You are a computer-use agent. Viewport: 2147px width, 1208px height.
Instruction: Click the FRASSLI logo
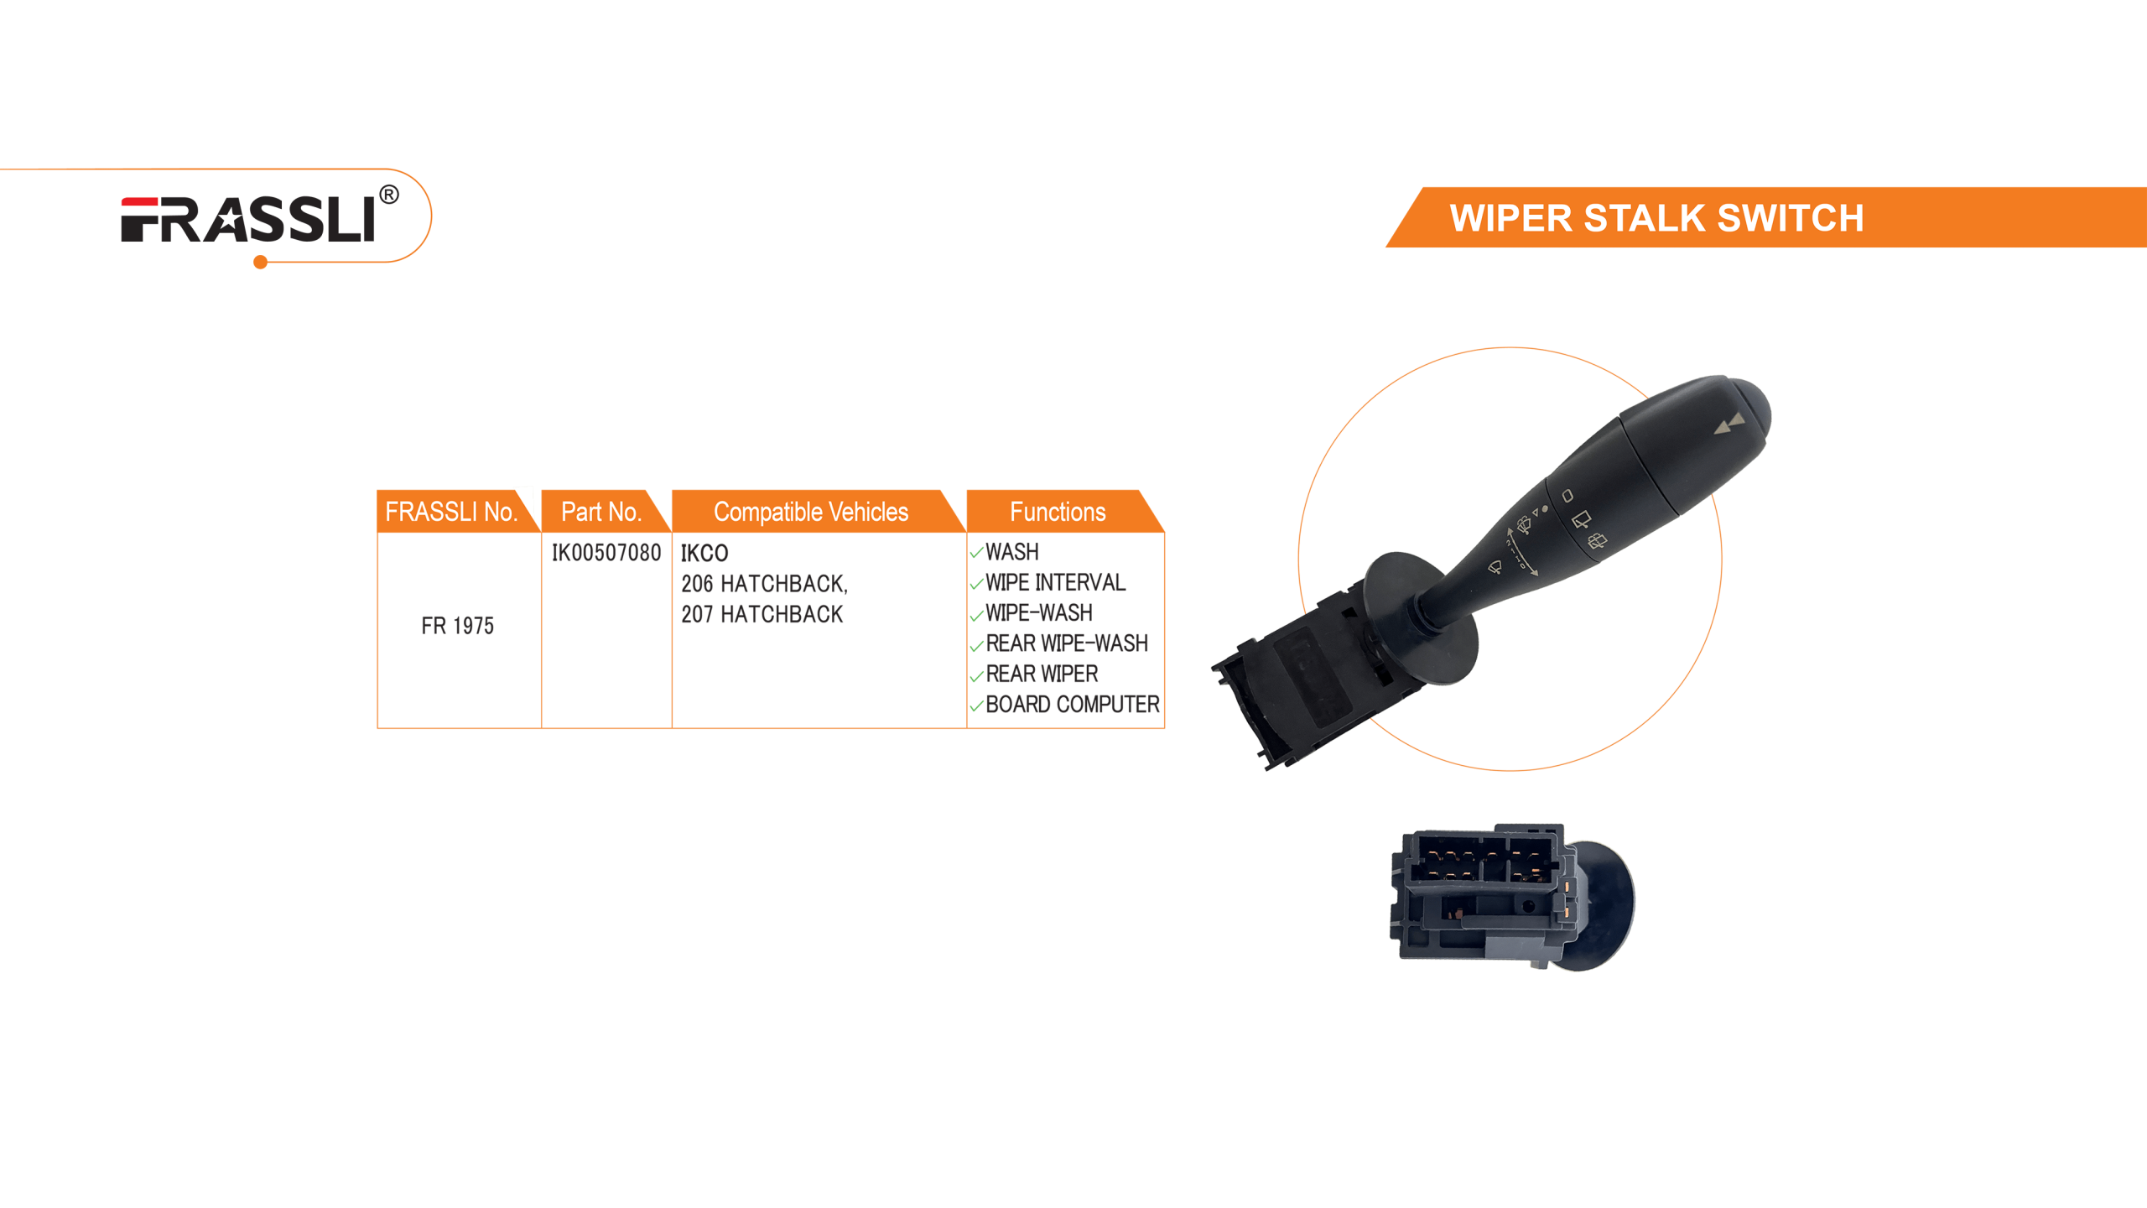click(248, 220)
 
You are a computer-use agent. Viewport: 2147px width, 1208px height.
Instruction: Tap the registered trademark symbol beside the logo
click(388, 195)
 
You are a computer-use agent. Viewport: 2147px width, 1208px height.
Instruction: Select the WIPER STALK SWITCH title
click(1656, 218)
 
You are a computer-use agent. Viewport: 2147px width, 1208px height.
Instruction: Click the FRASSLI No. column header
click(450, 512)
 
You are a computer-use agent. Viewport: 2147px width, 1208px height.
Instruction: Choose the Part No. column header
click(600, 512)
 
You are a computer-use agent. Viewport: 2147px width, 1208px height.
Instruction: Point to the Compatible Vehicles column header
click(810, 512)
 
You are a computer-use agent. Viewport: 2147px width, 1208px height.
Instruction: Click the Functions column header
click(1057, 512)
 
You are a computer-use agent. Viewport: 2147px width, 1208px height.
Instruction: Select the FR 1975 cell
click(457, 626)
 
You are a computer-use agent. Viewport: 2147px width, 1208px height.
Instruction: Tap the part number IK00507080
click(606, 553)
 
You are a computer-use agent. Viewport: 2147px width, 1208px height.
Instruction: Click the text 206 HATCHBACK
click(763, 583)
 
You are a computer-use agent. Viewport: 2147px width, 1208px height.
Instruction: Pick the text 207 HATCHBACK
click(762, 614)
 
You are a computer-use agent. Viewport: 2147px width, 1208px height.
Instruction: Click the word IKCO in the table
click(704, 553)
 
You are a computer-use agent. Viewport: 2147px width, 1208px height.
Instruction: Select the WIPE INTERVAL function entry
click(1054, 582)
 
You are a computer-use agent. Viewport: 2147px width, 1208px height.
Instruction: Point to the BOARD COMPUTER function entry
click(1072, 705)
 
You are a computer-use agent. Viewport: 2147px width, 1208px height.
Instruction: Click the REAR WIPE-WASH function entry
click(1066, 643)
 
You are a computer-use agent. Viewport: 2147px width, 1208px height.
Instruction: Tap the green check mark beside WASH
click(976, 553)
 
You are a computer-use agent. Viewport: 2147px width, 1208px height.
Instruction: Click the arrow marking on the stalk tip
click(1729, 424)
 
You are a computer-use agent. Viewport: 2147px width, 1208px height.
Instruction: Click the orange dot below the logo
click(260, 263)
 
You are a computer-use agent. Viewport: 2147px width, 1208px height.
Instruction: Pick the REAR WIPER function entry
click(1041, 674)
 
